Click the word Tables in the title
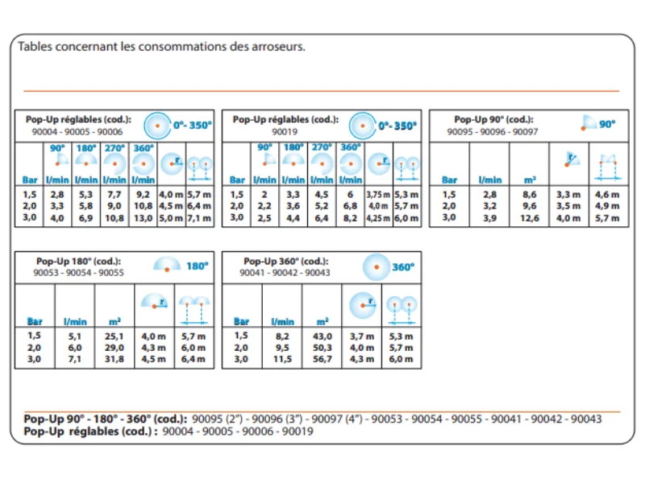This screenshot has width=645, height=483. pyautogui.click(x=35, y=47)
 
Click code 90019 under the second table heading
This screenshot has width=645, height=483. pyautogui.click(x=285, y=132)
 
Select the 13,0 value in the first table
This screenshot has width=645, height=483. pyautogui.click(x=144, y=218)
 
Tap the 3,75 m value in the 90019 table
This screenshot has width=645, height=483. pyautogui.click(x=378, y=194)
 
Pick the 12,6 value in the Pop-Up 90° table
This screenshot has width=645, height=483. pyautogui.click(x=530, y=218)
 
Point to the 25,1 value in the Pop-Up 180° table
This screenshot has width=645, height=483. pyautogui.click(x=114, y=336)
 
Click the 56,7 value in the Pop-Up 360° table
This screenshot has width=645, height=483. pyautogui.click(x=322, y=359)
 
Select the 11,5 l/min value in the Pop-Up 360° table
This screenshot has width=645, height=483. pyautogui.click(x=283, y=359)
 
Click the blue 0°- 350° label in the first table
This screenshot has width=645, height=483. pyautogui.click(x=192, y=125)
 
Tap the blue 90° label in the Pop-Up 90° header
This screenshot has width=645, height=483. pyautogui.click(x=607, y=124)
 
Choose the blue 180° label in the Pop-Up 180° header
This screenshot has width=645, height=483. pyautogui.click(x=198, y=266)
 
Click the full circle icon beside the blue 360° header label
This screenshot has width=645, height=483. pyautogui.click(x=376, y=267)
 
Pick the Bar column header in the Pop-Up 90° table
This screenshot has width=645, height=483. pyautogui.click(x=449, y=180)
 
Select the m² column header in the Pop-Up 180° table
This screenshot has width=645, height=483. pyautogui.click(x=114, y=321)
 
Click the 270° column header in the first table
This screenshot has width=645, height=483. pyautogui.click(x=114, y=148)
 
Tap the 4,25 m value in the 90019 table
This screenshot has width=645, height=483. pyautogui.click(x=378, y=218)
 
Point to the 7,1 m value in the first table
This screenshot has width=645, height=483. pyautogui.click(x=199, y=218)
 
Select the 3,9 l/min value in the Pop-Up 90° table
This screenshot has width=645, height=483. pyautogui.click(x=489, y=218)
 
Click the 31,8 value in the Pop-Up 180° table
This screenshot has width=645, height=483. pyautogui.click(x=114, y=359)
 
